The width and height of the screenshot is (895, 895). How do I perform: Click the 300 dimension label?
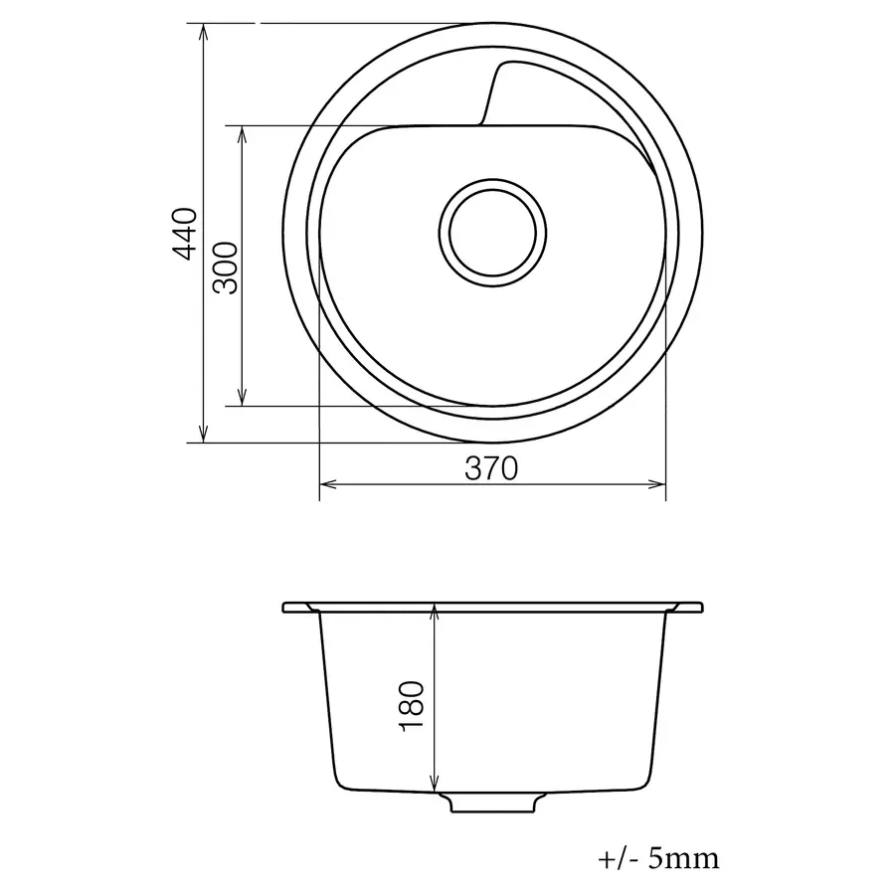225,268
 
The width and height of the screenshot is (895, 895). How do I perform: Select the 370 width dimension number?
491,468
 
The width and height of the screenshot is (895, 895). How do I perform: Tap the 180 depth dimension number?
413,706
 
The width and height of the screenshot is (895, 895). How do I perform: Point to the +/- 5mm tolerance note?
658,859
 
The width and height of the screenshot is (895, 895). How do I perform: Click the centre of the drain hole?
492,233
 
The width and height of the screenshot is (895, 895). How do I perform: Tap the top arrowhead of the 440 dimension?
203,33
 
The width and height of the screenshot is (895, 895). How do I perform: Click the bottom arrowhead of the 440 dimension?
203,434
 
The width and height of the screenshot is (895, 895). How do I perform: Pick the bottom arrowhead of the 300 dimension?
242,397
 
